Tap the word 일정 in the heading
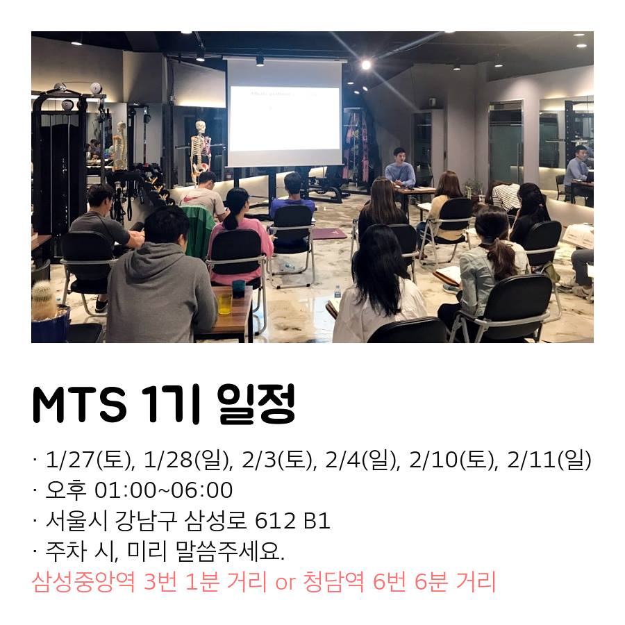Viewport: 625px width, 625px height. [257, 403]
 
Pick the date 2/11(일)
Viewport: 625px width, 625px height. [549, 460]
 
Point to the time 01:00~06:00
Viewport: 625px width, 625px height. [163, 490]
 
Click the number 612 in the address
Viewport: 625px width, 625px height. [275, 521]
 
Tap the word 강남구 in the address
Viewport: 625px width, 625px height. [147, 521]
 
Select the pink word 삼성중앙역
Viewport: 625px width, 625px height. [83, 581]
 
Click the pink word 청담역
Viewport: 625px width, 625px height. [333, 581]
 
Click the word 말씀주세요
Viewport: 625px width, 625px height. [228, 551]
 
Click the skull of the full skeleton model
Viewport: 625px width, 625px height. [201, 127]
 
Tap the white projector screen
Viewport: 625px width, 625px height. [285, 112]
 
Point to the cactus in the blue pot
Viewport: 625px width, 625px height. [44, 300]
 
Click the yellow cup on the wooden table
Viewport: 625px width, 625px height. [225, 303]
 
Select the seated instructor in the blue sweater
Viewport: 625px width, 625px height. [400, 169]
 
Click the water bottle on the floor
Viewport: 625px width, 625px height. [337, 292]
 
